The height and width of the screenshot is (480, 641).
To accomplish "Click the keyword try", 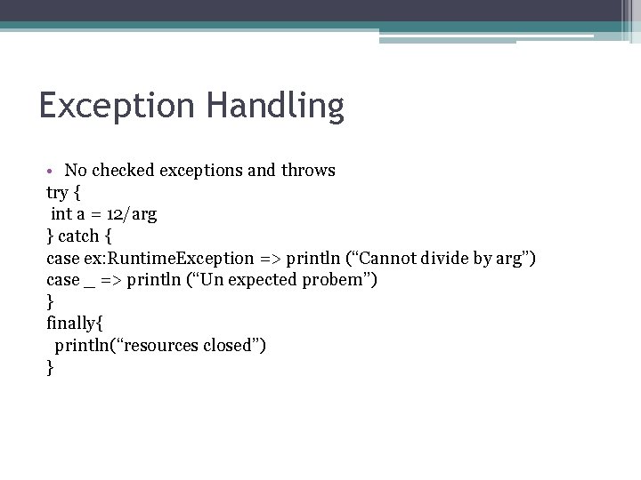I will [58, 192].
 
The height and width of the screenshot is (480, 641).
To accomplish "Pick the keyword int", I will [61, 213].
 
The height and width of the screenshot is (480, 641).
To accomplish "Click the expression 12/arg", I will [132, 214].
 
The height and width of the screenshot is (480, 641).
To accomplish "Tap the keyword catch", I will [79, 236].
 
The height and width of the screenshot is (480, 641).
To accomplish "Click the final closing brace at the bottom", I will [50, 367].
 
